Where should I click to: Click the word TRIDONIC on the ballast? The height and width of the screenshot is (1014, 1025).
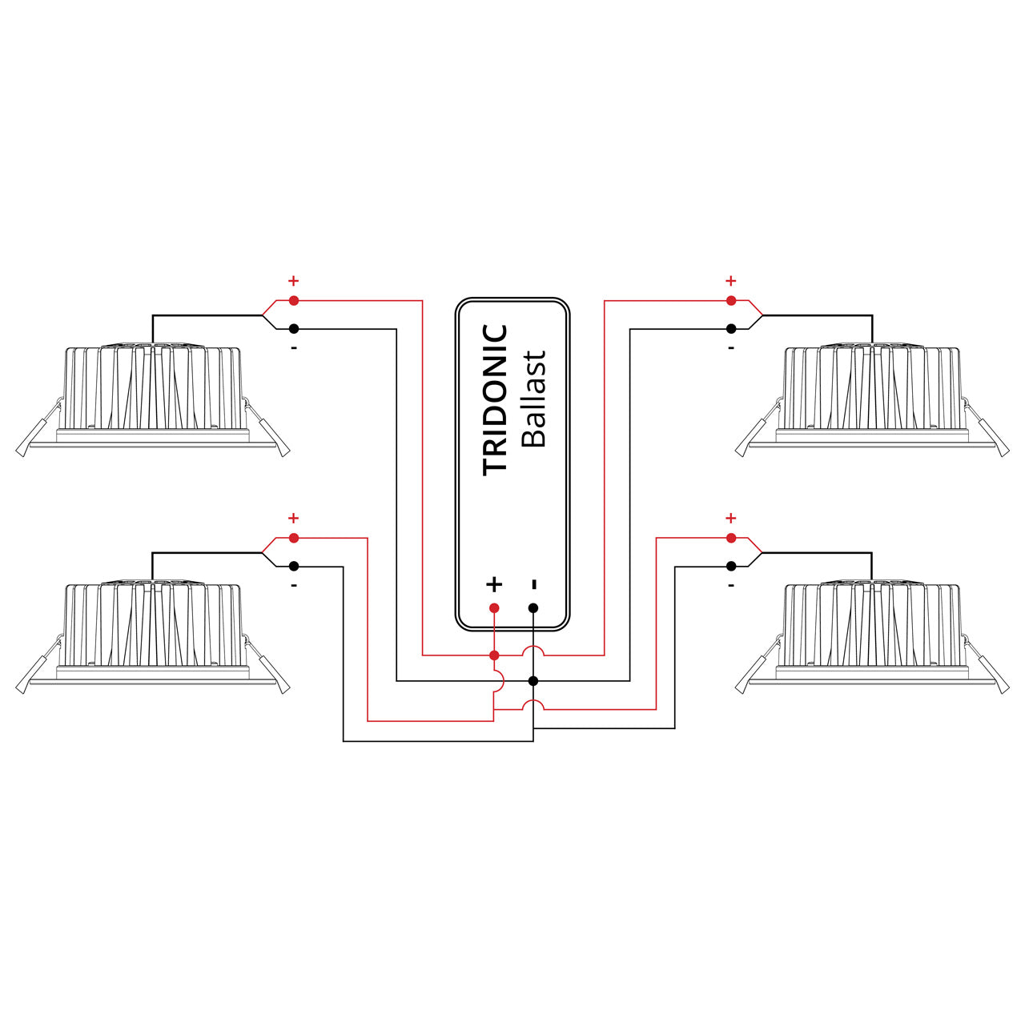pos(496,399)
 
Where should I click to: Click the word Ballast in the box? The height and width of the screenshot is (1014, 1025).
pos(533,399)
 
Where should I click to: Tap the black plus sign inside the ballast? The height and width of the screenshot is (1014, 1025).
pos(494,583)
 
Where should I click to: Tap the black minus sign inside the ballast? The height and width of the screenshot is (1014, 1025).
pos(534,584)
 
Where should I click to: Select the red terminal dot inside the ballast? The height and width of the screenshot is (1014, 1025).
pos(494,608)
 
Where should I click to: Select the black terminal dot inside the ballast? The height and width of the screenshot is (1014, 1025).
pos(533,608)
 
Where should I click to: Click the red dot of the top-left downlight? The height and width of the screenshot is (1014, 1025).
pos(294,300)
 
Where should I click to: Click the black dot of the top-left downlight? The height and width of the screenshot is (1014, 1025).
pos(294,329)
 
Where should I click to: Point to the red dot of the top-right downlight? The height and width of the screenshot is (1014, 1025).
pos(730,300)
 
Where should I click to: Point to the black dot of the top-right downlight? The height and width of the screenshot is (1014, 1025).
pos(730,329)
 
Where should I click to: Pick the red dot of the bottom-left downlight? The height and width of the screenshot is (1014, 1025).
pos(294,538)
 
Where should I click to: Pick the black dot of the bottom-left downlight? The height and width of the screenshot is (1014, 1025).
pos(294,566)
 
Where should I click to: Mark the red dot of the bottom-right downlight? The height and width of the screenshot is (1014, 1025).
pos(730,538)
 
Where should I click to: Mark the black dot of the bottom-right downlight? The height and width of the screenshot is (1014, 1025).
pos(730,566)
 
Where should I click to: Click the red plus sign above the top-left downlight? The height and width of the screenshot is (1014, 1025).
pos(293,281)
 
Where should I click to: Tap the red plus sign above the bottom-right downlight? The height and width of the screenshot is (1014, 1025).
pos(730,519)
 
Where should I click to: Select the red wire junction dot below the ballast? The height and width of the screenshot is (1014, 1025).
pos(494,655)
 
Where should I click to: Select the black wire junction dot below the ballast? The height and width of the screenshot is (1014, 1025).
pos(533,681)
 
